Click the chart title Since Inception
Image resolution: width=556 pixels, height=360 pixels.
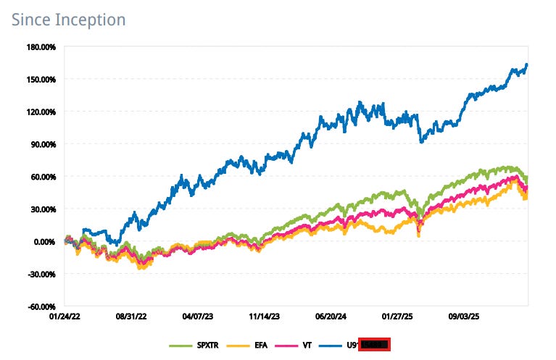[x=68, y=19]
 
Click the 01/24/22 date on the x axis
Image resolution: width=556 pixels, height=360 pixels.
[x=65, y=317]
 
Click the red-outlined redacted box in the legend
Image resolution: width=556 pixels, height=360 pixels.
[x=375, y=344]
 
